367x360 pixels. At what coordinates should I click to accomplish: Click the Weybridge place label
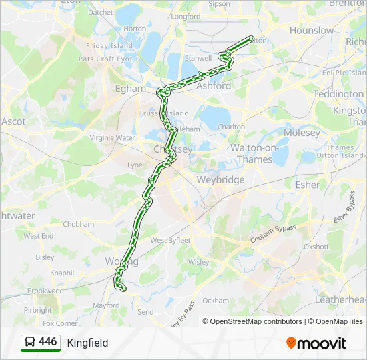pyautogui.click(x=220, y=180)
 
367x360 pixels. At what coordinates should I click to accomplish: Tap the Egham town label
pyautogui.click(x=131, y=89)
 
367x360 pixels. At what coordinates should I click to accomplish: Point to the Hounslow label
pyautogui.click(x=312, y=31)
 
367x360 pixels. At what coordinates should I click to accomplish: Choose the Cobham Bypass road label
pyautogui.click(x=274, y=233)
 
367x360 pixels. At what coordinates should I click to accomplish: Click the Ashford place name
pyautogui.click(x=214, y=86)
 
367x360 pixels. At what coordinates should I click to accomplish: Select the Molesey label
pyautogui.click(x=302, y=133)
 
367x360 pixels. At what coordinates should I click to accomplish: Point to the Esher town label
pyautogui.click(x=308, y=185)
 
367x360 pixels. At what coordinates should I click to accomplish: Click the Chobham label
pyautogui.click(x=79, y=225)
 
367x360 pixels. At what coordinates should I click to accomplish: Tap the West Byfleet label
pyautogui.click(x=171, y=240)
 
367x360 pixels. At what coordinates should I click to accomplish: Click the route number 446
pyautogui.click(x=48, y=342)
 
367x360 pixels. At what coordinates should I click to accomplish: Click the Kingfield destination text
pyautogui.click(x=87, y=343)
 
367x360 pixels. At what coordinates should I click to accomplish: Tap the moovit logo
pyautogui.click(x=316, y=343)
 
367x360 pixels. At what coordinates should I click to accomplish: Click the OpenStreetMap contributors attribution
pyautogui.click(x=252, y=321)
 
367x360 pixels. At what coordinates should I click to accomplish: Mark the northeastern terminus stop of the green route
pyautogui.click(x=252, y=39)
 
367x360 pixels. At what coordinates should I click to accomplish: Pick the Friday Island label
pyautogui.click(x=109, y=46)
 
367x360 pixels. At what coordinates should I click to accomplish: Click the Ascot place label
pyautogui.click(x=13, y=122)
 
